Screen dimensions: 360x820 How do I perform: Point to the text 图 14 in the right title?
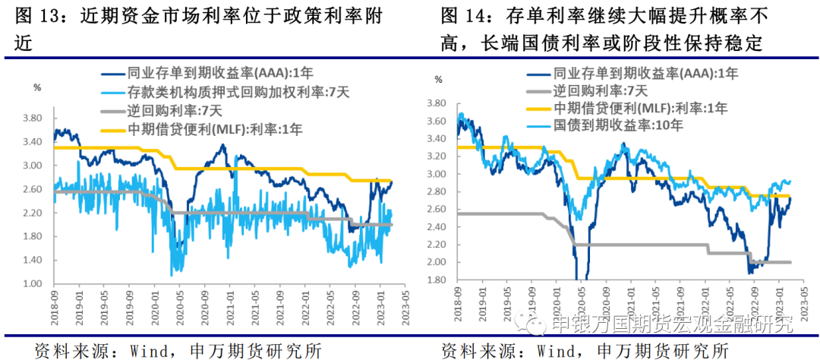click(x=463, y=15)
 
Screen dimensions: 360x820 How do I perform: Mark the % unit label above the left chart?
click(x=37, y=87)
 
